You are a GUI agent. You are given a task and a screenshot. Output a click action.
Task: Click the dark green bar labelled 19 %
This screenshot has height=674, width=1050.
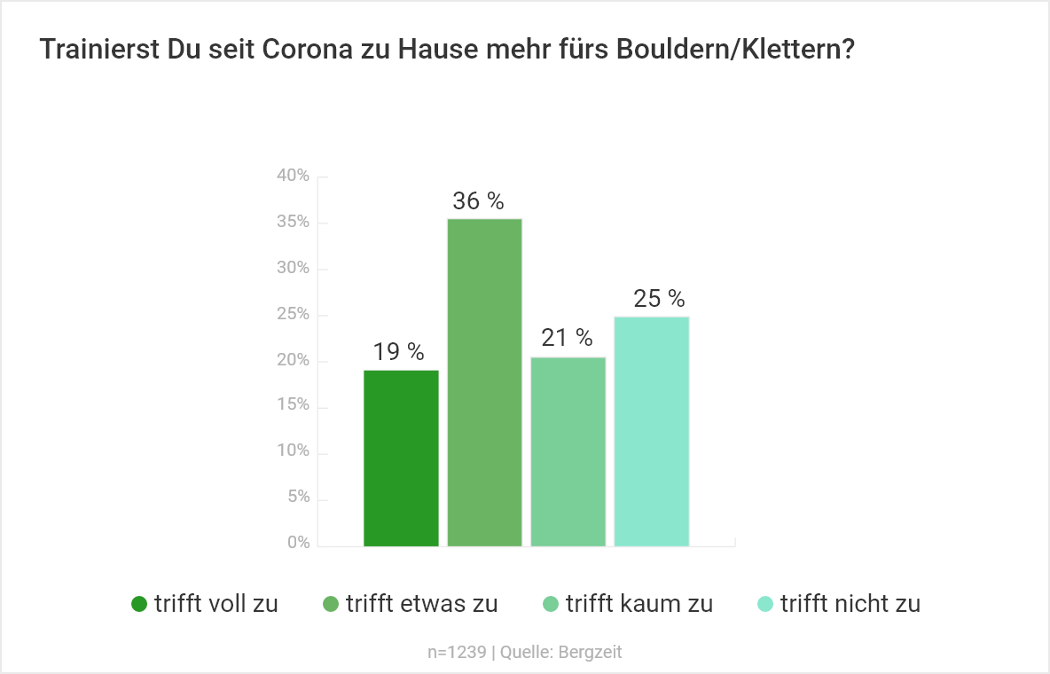pyautogui.click(x=401, y=458)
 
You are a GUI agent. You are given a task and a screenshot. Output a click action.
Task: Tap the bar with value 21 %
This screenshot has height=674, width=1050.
pyautogui.click(x=568, y=451)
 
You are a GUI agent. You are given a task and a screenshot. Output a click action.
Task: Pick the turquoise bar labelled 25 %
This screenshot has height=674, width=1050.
pyautogui.click(x=651, y=431)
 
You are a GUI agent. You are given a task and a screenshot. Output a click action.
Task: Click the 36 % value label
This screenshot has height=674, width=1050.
pyautogui.click(x=478, y=201)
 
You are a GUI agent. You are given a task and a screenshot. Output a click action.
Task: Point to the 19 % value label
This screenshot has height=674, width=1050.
pyautogui.click(x=398, y=352)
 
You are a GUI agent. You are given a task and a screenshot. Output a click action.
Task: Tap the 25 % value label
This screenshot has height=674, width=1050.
pyautogui.click(x=659, y=299)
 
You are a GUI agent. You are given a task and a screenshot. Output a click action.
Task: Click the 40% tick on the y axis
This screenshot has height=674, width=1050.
pyautogui.click(x=293, y=176)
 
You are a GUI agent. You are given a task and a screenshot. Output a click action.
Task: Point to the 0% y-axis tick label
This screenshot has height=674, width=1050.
pyautogui.click(x=298, y=543)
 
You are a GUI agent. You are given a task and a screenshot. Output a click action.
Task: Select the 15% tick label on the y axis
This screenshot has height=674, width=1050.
pyautogui.click(x=293, y=405)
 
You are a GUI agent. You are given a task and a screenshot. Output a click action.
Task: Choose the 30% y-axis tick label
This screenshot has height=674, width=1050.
pyautogui.click(x=293, y=268)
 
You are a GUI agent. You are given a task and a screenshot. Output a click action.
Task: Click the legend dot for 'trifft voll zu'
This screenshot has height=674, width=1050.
pyautogui.click(x=138, y=605)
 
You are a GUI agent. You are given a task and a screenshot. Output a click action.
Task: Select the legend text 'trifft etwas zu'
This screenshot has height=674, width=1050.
pyautogui.click(x=421, y=604)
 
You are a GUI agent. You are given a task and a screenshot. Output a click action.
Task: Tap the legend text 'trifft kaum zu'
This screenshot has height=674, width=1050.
pyautogui.click(x=639, y=604)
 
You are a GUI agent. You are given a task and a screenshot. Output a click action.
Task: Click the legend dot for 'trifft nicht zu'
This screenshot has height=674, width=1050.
pyautogui.click(x=764, y=605)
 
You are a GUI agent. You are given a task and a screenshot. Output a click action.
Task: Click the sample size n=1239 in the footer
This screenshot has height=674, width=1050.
pyautogui.click(x=457, y=653)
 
